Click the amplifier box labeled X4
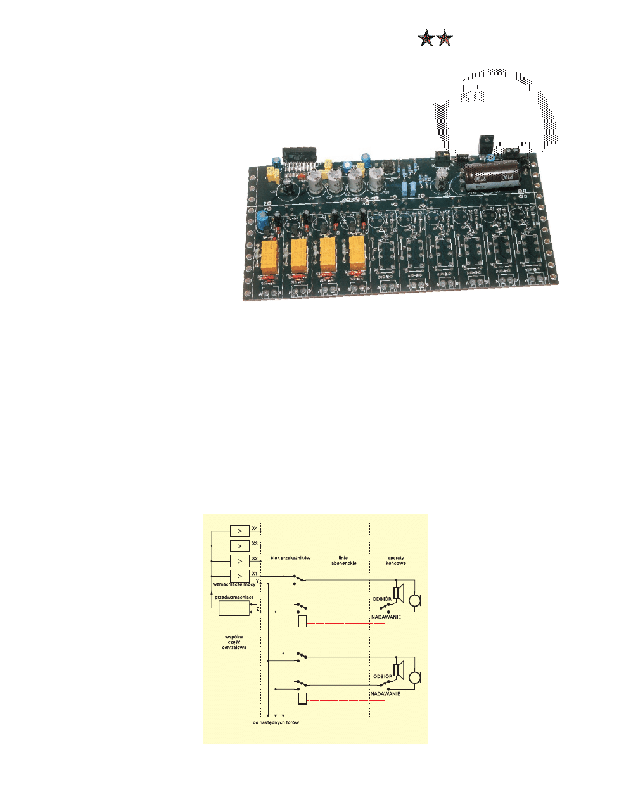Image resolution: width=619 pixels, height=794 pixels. click(239, 531)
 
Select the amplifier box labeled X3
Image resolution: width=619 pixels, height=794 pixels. click(239, 546)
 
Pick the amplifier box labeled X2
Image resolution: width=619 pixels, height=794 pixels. click(239, 561)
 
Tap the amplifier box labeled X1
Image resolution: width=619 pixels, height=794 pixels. click(239, 576)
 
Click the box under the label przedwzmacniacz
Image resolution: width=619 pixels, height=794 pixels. click(234, 608)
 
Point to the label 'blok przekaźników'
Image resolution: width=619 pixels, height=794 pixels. click(290, 558)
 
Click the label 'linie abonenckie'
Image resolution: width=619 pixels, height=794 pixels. click(343, 560)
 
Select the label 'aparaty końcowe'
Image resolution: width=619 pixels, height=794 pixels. click(395, 560)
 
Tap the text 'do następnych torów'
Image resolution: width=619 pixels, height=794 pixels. click(276, 722)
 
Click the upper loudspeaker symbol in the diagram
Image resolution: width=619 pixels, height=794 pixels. click(399, 593)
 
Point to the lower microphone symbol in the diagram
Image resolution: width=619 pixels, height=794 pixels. click(415, 678)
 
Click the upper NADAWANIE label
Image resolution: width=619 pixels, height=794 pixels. click(386, 617)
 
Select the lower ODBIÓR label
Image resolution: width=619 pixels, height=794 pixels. click(382, 676)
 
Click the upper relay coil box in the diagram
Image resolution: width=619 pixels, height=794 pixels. click(303, 621)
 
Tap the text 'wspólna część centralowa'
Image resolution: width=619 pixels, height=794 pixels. click(234, 642)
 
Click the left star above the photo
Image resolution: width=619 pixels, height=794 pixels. click(426, 39)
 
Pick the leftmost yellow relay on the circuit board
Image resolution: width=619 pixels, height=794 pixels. click(269, 255)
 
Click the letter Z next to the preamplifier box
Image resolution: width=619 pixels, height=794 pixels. click(257, 609)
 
